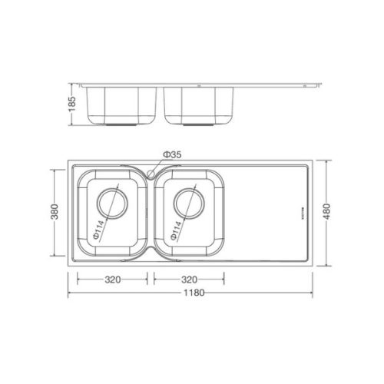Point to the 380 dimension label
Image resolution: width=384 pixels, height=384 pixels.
tap(53, 210)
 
